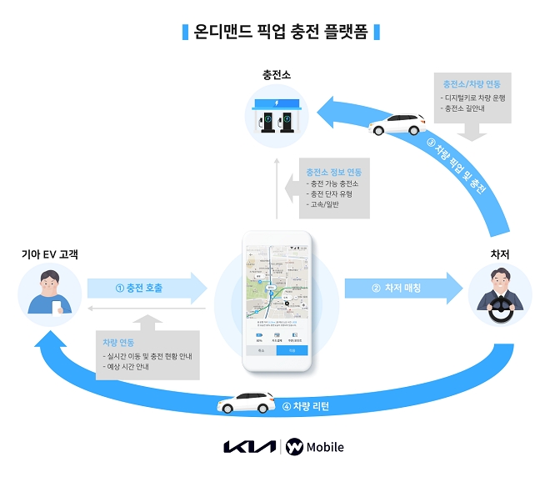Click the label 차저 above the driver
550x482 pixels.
tap(499, 253)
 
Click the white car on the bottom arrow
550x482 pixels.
tap(246, 404)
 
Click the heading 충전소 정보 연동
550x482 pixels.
tap(333, 171)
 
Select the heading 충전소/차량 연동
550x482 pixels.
tap(472, 84)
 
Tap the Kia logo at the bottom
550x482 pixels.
tap(249, 447)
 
